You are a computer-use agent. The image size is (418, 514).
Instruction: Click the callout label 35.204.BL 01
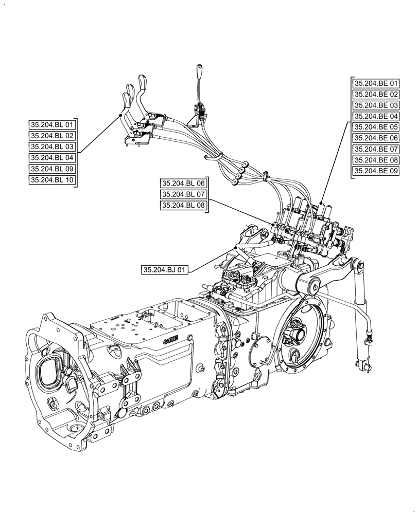pyautogui.click(x=52, y=125)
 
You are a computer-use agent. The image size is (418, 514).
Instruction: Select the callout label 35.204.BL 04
pyautogui.click(x=52, y=158)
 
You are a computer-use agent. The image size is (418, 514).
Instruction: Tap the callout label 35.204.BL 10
pyautogui.click(x=52, y=180)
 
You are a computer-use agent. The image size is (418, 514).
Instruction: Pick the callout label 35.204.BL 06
pyautogui.click(x=183, y=183)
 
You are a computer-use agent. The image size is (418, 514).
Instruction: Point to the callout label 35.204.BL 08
pyautogui.click(x=183, y=206)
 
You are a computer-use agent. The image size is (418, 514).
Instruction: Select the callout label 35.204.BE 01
pyautogui.click(x=376, y=83)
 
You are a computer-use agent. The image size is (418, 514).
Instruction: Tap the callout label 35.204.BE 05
pyautogui.click(x=376, y=127)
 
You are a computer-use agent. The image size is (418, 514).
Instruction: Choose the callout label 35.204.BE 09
pyautogui.click(x=376, y=171)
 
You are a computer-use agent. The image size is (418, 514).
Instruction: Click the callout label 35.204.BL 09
pyautogui.click(x=52, y=169)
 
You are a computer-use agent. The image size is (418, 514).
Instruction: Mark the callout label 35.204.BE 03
pyautogui.click(x=376, y=105)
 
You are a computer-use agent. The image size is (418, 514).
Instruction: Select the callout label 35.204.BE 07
pyautogui.click(x=376, y=149)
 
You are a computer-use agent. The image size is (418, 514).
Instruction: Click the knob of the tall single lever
pyautogui.click(x=200, y=70)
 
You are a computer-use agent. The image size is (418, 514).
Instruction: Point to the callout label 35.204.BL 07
pyautogui.click(x=183, y=194)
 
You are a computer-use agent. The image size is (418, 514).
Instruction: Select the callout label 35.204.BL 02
pyautogui.click(x=52, y=136)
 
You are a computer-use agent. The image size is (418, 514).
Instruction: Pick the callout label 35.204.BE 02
pyautogui.click(x=376, y=94)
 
